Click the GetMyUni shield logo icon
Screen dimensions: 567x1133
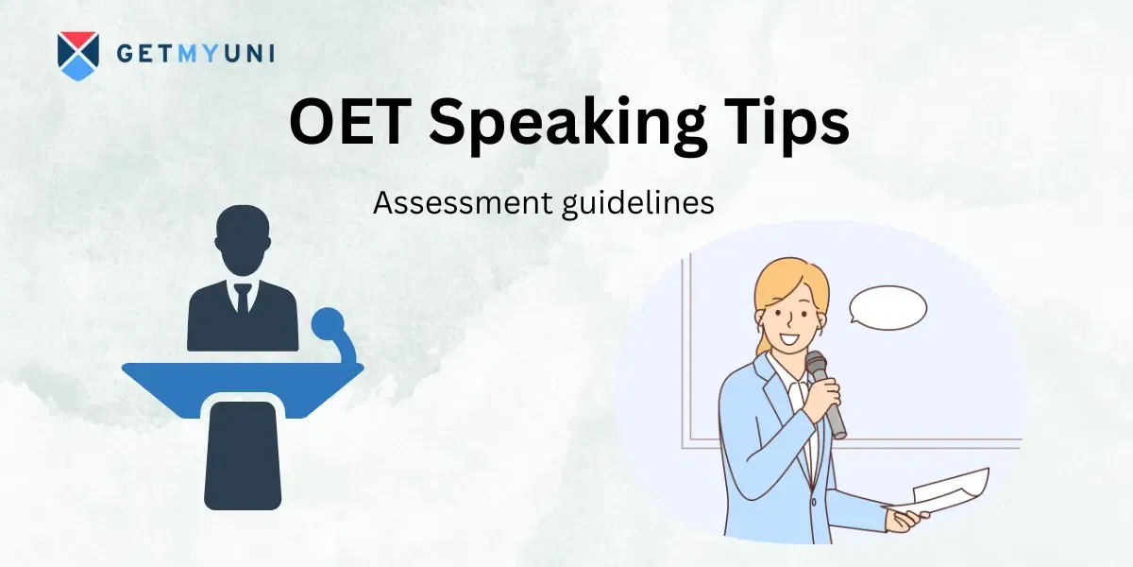pyautogui.click(x=77, y=56)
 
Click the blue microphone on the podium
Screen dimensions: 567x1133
pyautogui.click(x=328, y=324)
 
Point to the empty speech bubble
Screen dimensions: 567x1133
pyautogui.click(x=887, y=307)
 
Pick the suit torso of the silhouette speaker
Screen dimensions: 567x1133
pyautogui.click(x=242, y=317)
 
